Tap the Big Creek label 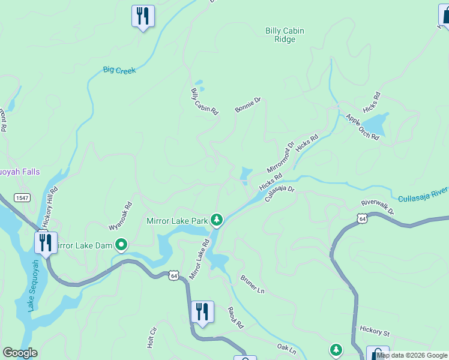tap(119, 70)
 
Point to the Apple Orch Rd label tap(362, 127)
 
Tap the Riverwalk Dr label tap(378, 207)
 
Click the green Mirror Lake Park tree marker tap(217, 221)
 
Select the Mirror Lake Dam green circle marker tap(121, 245)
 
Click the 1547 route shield tap(22, 198)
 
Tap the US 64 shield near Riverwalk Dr tap(362, 219)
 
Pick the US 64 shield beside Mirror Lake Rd tap(173, 275)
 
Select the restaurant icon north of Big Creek tap(143, 16)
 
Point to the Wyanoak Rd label tap(119, 216)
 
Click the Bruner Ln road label tap(252, 283)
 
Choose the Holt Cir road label tap(152, 338)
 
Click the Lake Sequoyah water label tap(32, 285)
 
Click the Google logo tap(19, 353)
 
